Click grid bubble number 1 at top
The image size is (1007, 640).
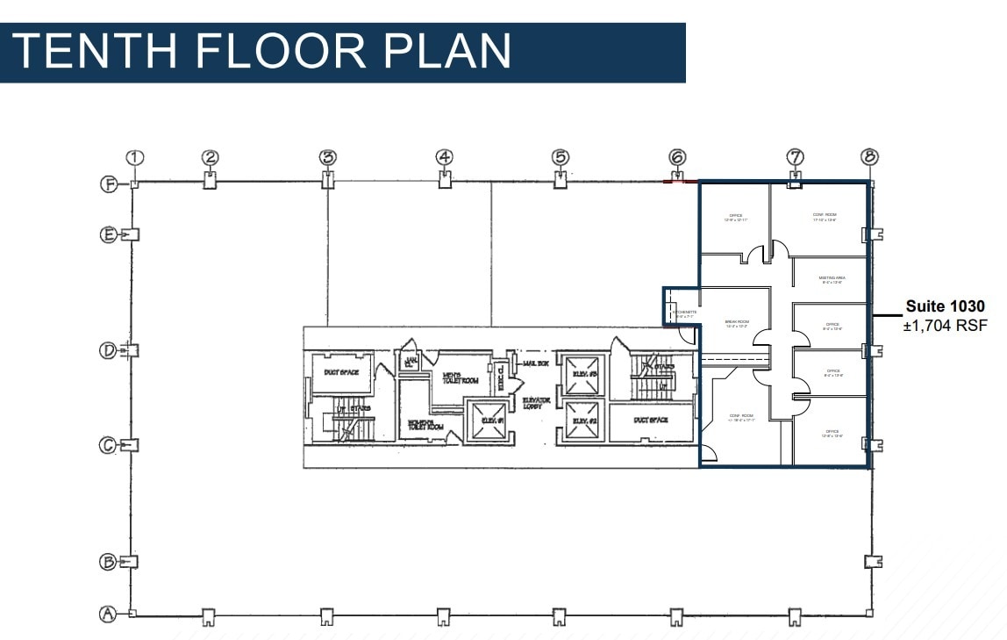(x=134, y=158)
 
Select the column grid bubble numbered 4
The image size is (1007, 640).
(x=445, y=158)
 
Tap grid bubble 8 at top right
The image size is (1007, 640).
(x=869, y=157)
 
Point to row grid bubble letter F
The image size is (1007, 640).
(x=108, y=184)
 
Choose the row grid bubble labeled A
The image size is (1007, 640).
(x=108, y=615)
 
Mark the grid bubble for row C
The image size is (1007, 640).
(x=108, y=445)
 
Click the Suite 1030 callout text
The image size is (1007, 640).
(x=946, y=307)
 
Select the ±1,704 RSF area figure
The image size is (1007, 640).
(x=946, y=326)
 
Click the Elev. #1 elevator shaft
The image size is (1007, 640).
(x=488, y=421)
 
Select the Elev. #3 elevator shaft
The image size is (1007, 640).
(x=583, y=374)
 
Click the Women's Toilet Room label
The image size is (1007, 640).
(x=425, y=425)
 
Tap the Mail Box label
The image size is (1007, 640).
(x=534, y=363)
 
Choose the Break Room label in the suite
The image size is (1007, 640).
(x=737, y=325)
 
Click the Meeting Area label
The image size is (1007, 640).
(x=831, y=280)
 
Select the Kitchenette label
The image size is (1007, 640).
(x=683, y=313)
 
